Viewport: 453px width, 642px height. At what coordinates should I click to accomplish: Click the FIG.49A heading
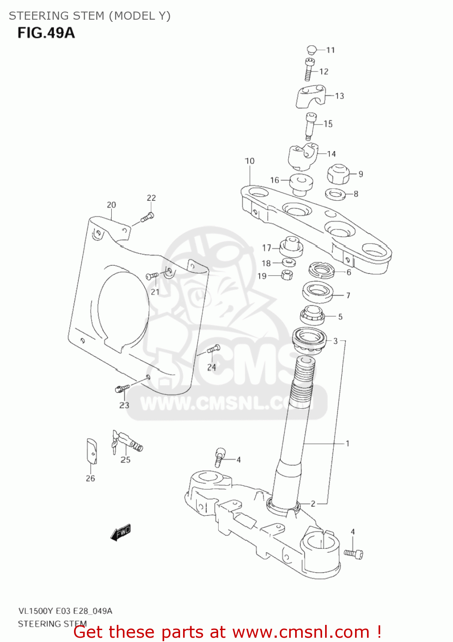coord(46,33)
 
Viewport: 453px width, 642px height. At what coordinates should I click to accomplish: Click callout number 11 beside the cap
coord(331,50)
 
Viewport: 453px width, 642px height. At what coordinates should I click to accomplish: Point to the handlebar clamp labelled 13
coord(311,96)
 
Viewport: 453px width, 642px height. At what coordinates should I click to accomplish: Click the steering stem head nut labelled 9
coord(338,173)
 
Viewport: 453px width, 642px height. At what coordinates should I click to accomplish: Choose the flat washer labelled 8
coord(335,194)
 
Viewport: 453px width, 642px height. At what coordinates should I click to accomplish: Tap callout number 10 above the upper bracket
coord(249,161)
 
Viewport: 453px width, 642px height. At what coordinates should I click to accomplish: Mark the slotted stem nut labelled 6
coord(320,270)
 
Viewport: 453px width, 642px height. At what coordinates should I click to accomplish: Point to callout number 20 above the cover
coord(111,205)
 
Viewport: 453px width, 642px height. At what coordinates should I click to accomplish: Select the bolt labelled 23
coord(122,388)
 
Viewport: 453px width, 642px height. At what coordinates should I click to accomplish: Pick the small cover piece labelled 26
coord(92,451)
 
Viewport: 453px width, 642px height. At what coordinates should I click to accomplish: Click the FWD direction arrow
coord(121,532)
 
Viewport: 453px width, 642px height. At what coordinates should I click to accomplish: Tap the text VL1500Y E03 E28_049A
coord(65,611)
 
